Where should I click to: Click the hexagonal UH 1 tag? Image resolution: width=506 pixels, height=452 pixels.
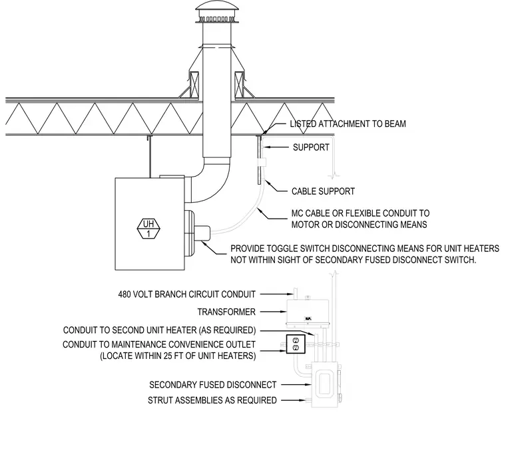point(148,228)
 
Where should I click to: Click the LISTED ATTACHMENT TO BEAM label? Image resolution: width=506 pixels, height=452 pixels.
point(348,124)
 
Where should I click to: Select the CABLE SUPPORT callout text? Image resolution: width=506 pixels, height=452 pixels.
point(323,191)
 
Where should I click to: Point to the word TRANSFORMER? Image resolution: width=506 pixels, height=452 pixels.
point(226,312)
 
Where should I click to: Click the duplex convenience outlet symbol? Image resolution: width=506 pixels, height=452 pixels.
point(296,344)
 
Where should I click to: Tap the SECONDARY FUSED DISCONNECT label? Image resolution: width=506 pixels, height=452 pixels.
point(212,385)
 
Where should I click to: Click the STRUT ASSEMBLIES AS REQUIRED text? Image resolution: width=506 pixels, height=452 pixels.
point(212,400)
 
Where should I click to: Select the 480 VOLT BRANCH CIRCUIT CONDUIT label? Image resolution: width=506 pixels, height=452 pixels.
point(187,294)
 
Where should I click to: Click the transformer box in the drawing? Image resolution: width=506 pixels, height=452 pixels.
point(308,311)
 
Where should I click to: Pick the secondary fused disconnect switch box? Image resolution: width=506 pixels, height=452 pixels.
point(326,384)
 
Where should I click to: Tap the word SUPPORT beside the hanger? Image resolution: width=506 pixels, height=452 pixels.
point(311,148)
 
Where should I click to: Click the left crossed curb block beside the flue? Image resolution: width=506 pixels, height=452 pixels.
point(194,84)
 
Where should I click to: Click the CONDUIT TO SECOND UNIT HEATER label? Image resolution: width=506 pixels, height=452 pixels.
point(159,330)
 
